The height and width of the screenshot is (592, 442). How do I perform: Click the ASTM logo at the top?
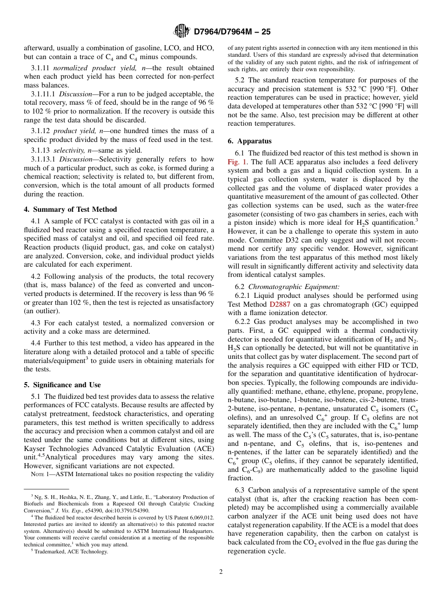[181, 31]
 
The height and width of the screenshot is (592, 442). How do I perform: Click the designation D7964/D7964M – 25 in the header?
[232, 32]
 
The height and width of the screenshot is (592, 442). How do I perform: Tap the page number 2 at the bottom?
[221, 572]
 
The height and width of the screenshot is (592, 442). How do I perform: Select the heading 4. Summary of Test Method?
[70, 209]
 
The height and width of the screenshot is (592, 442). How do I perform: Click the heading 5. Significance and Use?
[62, 385]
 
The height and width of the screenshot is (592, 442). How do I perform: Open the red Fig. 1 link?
[238, 162]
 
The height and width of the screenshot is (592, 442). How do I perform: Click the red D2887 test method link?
[280, 304]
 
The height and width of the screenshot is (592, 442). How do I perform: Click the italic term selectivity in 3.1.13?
[69, 151]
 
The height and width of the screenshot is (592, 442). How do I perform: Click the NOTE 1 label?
[40, 474]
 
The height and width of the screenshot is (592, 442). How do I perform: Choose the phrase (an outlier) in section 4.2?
[42, 311]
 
